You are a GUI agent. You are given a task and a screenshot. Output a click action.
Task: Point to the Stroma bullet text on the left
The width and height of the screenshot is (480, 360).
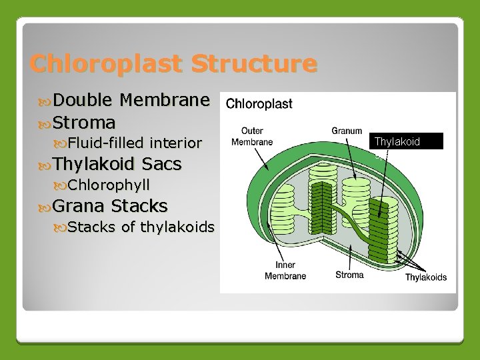[84, 122]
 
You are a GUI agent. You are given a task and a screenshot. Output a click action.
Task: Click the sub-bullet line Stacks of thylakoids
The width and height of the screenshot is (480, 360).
[141, 227]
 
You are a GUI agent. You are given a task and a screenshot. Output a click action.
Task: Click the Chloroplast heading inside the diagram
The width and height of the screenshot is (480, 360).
[259, 105]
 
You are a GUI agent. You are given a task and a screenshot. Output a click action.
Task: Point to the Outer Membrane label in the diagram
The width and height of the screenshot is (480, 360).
[251, 137]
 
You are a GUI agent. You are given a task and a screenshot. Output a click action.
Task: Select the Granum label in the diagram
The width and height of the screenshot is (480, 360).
[347, 131]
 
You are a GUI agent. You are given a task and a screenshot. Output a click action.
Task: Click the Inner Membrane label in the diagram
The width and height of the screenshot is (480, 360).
[285, 271]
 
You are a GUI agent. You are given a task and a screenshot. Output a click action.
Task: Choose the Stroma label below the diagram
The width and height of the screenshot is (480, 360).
[349, 275]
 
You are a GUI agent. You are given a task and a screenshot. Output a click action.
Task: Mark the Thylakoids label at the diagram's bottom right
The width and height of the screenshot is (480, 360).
[426, 277]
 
